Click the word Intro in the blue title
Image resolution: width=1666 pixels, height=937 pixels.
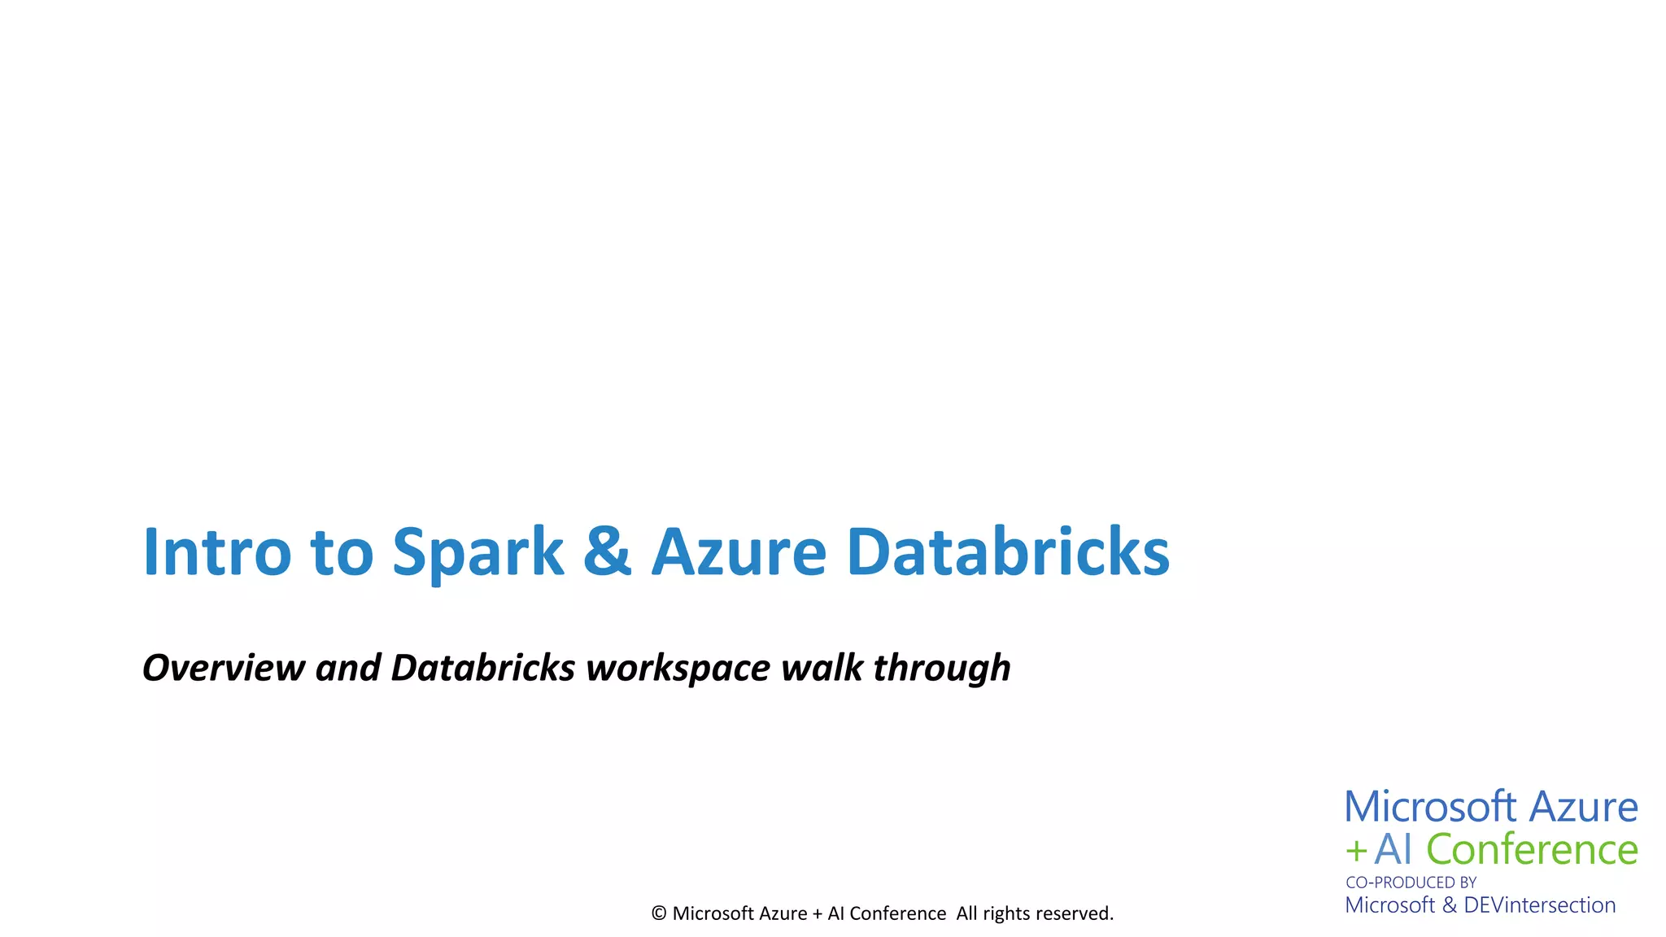point(216,552)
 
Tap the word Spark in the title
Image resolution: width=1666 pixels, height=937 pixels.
point(478,552)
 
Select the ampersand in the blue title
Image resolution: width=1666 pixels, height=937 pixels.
point(607,552)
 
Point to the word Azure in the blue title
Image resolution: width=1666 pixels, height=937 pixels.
point(739,552)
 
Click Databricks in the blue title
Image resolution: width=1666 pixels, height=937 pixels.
point(1008,552)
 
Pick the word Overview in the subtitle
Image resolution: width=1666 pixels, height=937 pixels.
point(224,668)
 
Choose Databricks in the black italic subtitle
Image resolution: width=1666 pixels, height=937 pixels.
point(483,668)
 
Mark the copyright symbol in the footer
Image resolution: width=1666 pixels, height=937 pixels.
point(659,913)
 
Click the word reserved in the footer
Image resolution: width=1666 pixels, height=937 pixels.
point(1074,913)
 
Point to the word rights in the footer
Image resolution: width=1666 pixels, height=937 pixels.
point(1006,914)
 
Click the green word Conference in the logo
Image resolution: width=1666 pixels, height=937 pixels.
point(1532,849)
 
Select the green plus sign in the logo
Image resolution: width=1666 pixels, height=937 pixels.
point(1356,851)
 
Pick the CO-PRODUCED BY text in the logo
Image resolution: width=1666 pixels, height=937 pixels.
point(1411,883)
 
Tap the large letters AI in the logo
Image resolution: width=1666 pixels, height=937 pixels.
point(1393,849)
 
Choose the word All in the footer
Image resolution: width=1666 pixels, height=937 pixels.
point(967,913)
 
